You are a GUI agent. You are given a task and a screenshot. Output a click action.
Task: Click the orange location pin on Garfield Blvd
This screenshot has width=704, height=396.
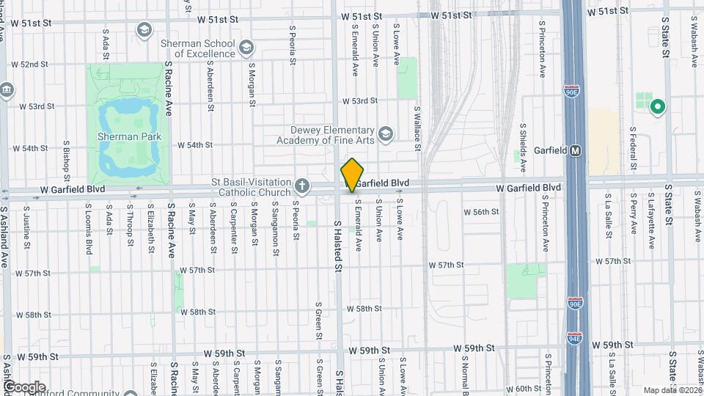pyautogui.click(x=352, y=175)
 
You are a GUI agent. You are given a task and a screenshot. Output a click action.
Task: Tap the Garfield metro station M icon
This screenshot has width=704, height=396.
pyautogui.click(x=576, y=150)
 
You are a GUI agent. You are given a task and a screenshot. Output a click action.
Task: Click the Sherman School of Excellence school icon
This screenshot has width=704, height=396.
pyautogui.click(x=248, y=48)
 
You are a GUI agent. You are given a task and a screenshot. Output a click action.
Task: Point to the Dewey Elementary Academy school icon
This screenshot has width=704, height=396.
pyautogui.click(x=386, y=133)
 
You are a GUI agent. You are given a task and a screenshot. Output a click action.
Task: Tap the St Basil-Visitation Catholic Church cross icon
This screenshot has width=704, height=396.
pyautogui.click(x=301, y=185)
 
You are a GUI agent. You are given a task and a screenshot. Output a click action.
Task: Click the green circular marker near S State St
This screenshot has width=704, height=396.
pyautogui.click(x=658, y=108)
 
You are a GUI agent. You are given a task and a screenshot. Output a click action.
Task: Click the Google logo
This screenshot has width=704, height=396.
pyautogui.click(x=25, y=386)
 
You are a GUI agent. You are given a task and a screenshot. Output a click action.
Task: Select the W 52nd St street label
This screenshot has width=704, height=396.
pyautogui.click(x=29, y=65)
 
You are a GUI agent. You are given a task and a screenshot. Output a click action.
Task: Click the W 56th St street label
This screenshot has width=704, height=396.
pyautogui.click(x=481, y=211)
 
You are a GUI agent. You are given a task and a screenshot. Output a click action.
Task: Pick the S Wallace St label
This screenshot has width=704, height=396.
pyautogui.click(x=417, y=128)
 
